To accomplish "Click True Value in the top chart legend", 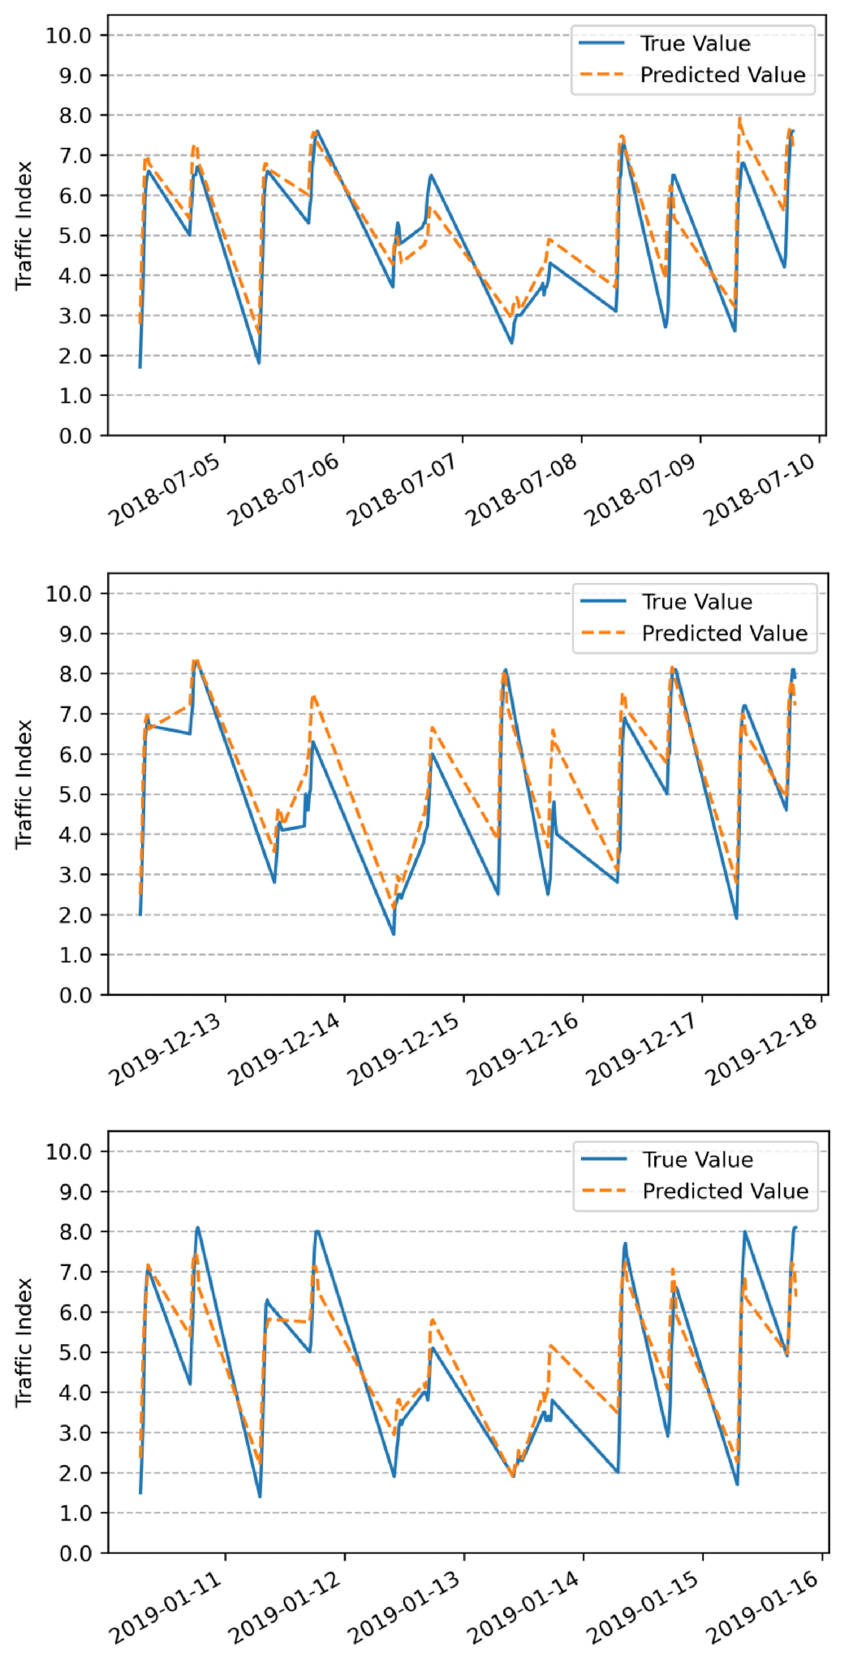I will click(x=695, y=44).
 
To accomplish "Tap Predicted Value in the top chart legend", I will click(x=723, y=75).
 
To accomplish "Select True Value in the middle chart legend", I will click(x=697, y=602).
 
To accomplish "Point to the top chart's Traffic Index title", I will click(x=24, y=226).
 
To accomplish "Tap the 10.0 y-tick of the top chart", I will click(x=68, y=36).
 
